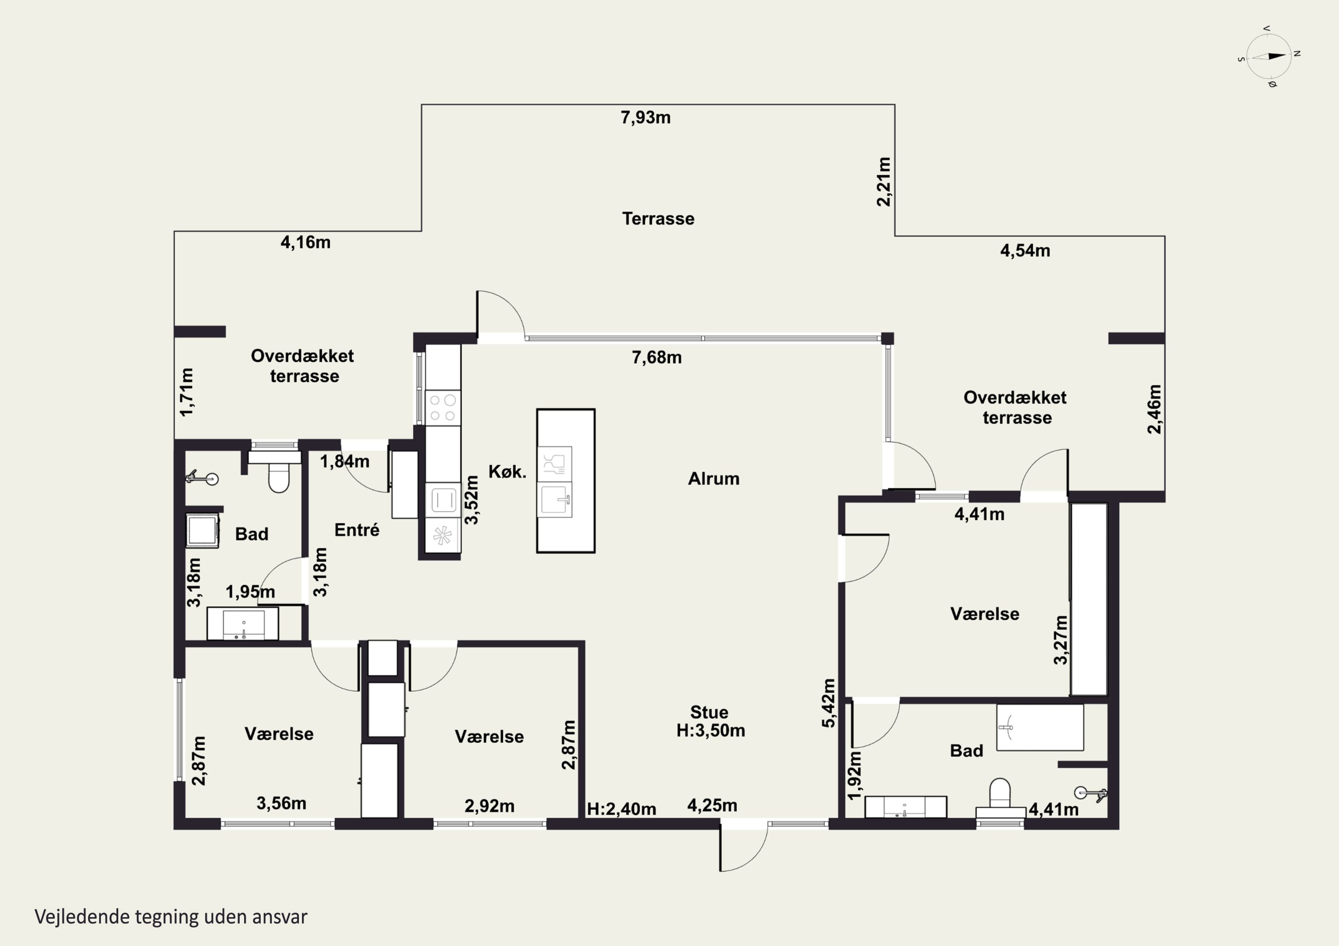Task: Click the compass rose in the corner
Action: coord(1269,56)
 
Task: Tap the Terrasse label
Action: coord(658,219)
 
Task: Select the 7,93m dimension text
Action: coord(645,118)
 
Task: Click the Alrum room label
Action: coord(714,479)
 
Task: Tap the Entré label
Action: coord(357,530)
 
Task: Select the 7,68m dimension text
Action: coord(657,357)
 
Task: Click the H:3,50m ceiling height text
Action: coord(711,730)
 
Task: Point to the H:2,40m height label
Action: coord(622,809)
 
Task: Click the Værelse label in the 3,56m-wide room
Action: coord(279,734)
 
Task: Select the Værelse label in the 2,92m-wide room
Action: coord(489,737)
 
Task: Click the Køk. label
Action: coord(507,472)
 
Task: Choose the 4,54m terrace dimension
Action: coord(1025,251)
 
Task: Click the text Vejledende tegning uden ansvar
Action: coord(171,917)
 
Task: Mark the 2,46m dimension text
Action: coord(1154,409)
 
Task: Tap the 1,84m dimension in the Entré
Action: coord(345,462)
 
